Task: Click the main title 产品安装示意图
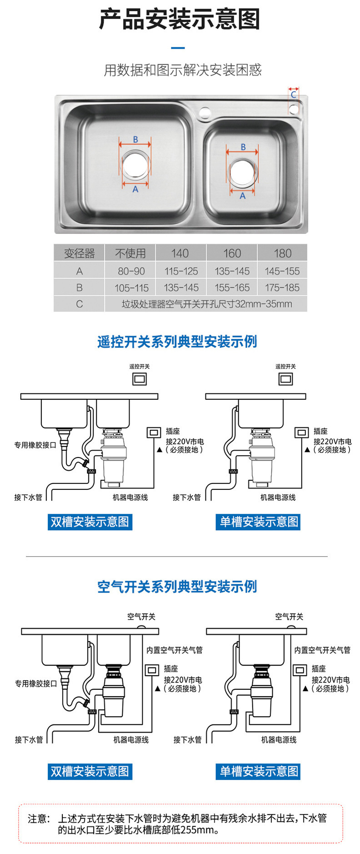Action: coord(180,20)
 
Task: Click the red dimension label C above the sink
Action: coord(294,95)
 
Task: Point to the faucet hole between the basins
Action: coord(205,112)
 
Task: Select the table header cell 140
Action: coord(180,253)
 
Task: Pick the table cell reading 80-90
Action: coord(131,271)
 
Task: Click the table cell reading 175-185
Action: coord(282,287)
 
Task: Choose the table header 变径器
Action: coord(79,253)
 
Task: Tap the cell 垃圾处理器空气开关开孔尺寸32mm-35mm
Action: coord(206,304)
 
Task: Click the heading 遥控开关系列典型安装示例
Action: coord(177,342)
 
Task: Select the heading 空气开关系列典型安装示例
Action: coord(177,587)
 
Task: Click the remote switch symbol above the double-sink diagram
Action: coord(139,378)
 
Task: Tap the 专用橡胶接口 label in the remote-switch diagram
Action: coord(35,445)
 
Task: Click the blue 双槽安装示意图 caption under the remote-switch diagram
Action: coord(90,522)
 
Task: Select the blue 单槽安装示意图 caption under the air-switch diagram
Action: coord(259,771)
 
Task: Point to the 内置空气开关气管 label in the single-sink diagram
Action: coord(322,650)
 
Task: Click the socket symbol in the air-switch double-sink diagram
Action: coord(152,670)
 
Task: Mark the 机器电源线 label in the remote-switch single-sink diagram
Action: coord(278,497)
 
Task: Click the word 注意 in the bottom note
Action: coord(38,819)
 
